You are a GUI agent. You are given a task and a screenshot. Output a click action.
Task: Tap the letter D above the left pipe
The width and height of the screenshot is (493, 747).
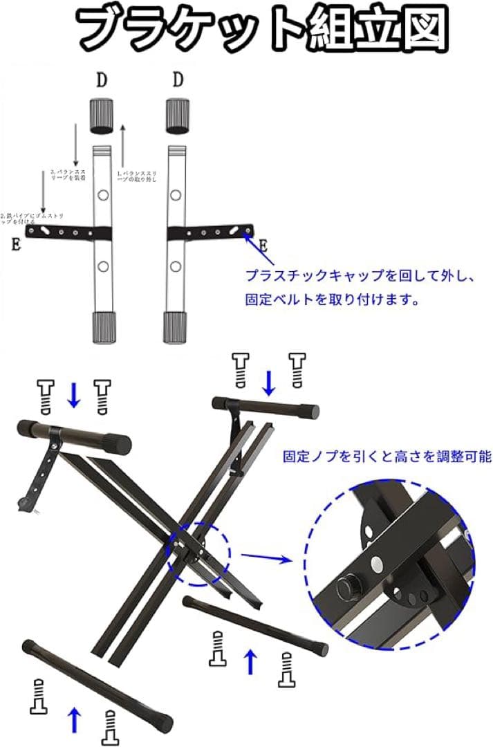(x=102, y=80)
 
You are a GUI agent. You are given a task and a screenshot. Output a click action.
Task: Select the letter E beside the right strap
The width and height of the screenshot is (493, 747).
(x=263, y=246)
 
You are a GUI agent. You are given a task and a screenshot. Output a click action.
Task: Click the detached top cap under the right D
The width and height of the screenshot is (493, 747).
(x=178, y=116)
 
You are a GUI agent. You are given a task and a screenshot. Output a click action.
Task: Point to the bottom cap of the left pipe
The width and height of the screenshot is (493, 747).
(x=102, y=327)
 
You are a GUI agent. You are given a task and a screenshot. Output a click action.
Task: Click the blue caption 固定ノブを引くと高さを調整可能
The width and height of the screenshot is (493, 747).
(x=387, y=457)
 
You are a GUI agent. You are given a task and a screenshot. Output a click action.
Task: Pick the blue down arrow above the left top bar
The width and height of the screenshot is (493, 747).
(x=74, y=394)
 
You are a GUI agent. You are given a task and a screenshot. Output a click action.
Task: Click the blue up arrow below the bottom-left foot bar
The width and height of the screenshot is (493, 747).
(x=74, y=719)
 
